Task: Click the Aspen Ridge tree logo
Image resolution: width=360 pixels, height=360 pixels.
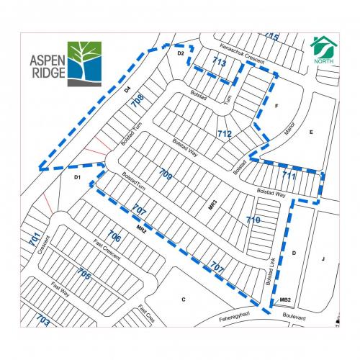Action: point(85,63)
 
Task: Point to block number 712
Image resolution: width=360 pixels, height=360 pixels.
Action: point(224,134)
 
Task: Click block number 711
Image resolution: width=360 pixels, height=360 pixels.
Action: point(289,176)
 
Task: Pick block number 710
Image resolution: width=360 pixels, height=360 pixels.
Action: point(253,219)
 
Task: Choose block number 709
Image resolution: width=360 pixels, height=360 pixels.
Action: point(165,174)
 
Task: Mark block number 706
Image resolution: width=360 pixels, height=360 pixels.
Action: point(114,236)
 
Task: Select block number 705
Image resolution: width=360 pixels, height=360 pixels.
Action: point(84,274)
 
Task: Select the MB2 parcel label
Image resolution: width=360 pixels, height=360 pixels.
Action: point(284,300)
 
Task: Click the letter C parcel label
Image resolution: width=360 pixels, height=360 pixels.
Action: point(184,299)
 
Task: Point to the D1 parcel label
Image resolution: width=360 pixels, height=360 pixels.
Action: point(77,176)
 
